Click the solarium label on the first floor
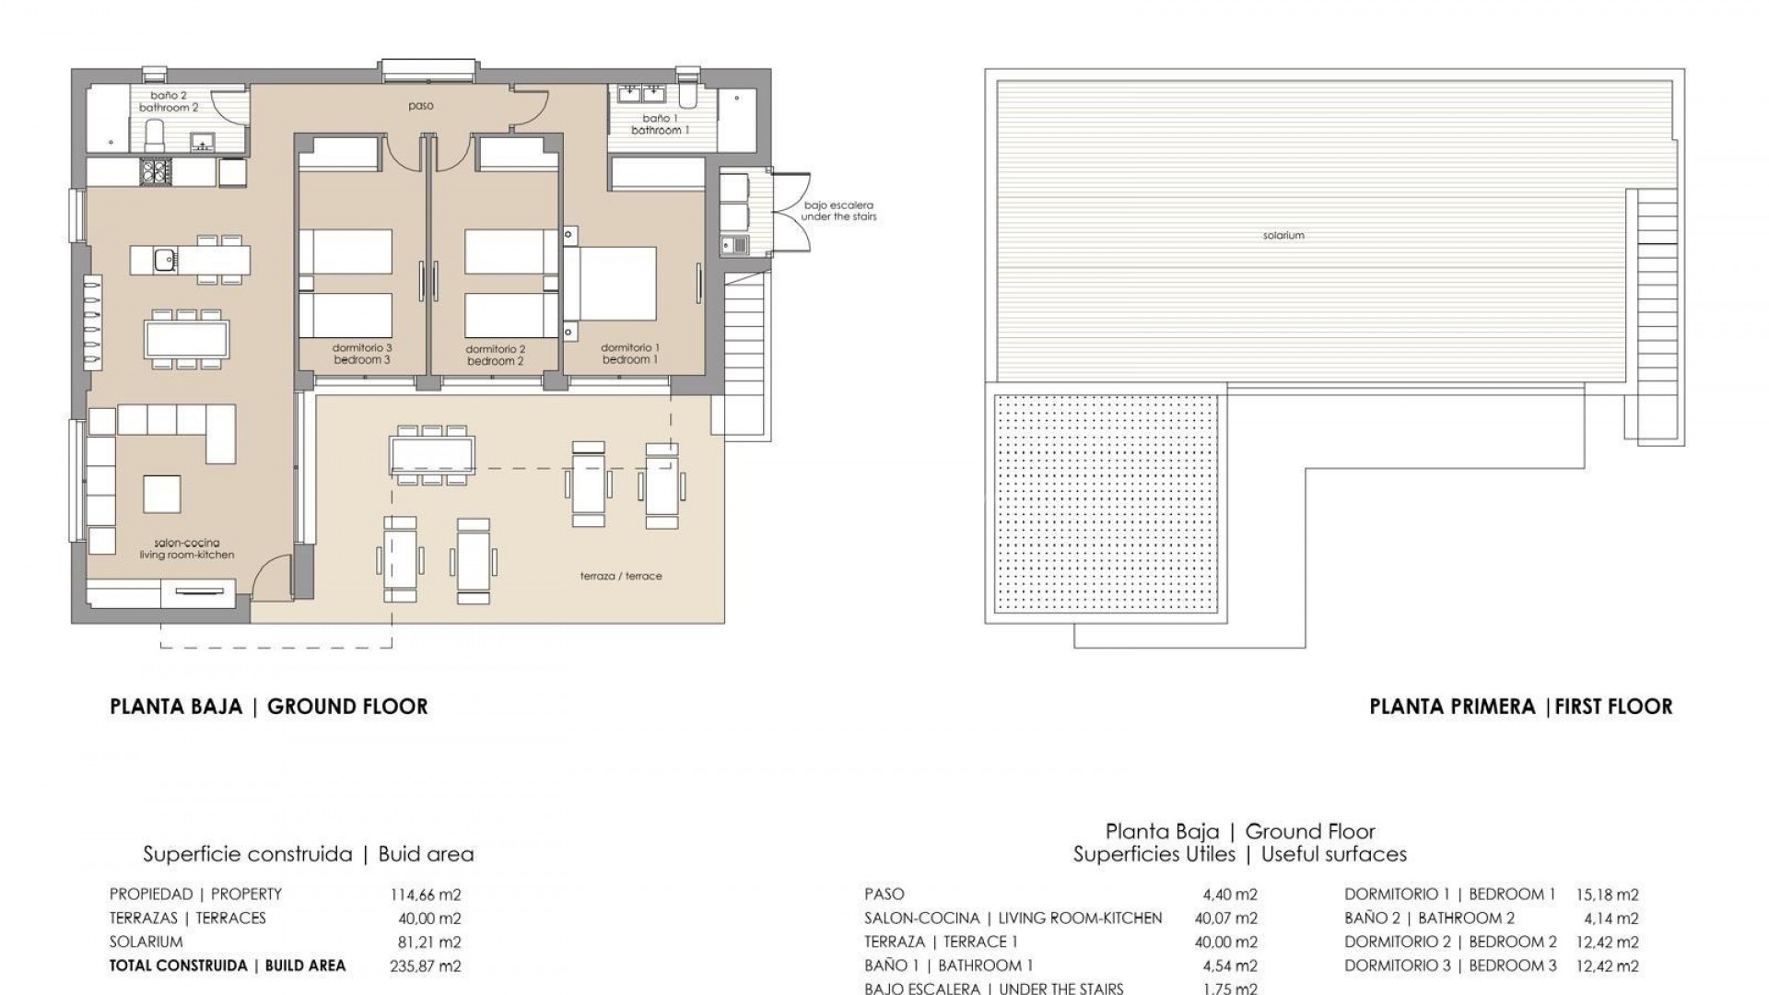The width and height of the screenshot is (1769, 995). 1283,236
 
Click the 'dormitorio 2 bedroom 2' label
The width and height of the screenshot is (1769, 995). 495,355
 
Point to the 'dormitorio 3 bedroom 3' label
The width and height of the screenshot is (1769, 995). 362,354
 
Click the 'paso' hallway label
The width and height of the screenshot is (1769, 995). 420,106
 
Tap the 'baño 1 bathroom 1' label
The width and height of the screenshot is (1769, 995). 656,124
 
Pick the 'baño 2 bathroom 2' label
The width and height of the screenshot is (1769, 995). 169,101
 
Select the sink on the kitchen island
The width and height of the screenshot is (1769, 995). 165,260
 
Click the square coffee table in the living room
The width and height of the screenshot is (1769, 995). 162,494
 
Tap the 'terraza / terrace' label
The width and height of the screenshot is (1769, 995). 621,576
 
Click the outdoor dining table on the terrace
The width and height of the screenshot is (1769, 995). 432,452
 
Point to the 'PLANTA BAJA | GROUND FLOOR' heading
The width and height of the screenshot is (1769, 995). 268,707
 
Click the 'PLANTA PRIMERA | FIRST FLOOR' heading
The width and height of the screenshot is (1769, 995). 1520,707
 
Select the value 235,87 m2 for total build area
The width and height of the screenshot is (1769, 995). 426,966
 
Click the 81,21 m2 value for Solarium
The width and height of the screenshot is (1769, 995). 426,942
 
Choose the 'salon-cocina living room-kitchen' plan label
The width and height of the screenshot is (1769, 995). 187,549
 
